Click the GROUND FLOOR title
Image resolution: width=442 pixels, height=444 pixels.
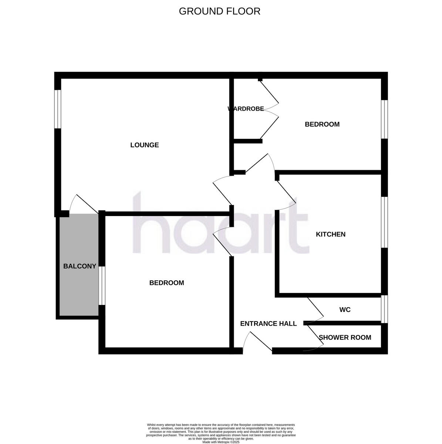pos(219,11)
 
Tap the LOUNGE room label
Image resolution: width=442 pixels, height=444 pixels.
pos(144,145)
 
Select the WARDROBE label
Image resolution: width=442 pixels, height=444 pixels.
pos(246,109)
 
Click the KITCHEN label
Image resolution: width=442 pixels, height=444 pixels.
pos(330,234)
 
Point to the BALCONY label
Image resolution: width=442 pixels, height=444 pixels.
pos(80,266)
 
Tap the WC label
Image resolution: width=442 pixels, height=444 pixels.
pos(345,310)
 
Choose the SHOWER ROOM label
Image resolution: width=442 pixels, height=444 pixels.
pos(345,337)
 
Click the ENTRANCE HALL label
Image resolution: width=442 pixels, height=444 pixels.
pos(268,324)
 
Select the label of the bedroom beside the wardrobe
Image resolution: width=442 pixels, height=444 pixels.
pos(322,124)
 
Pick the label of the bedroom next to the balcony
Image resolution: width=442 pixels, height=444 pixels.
pos(166,283)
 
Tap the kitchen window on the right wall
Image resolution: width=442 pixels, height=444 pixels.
pos(384,222)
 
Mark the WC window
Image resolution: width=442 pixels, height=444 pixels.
pos(384,309)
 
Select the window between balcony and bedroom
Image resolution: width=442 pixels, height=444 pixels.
pos(101,285)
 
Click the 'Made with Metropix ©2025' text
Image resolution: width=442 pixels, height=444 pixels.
pos(221,442)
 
